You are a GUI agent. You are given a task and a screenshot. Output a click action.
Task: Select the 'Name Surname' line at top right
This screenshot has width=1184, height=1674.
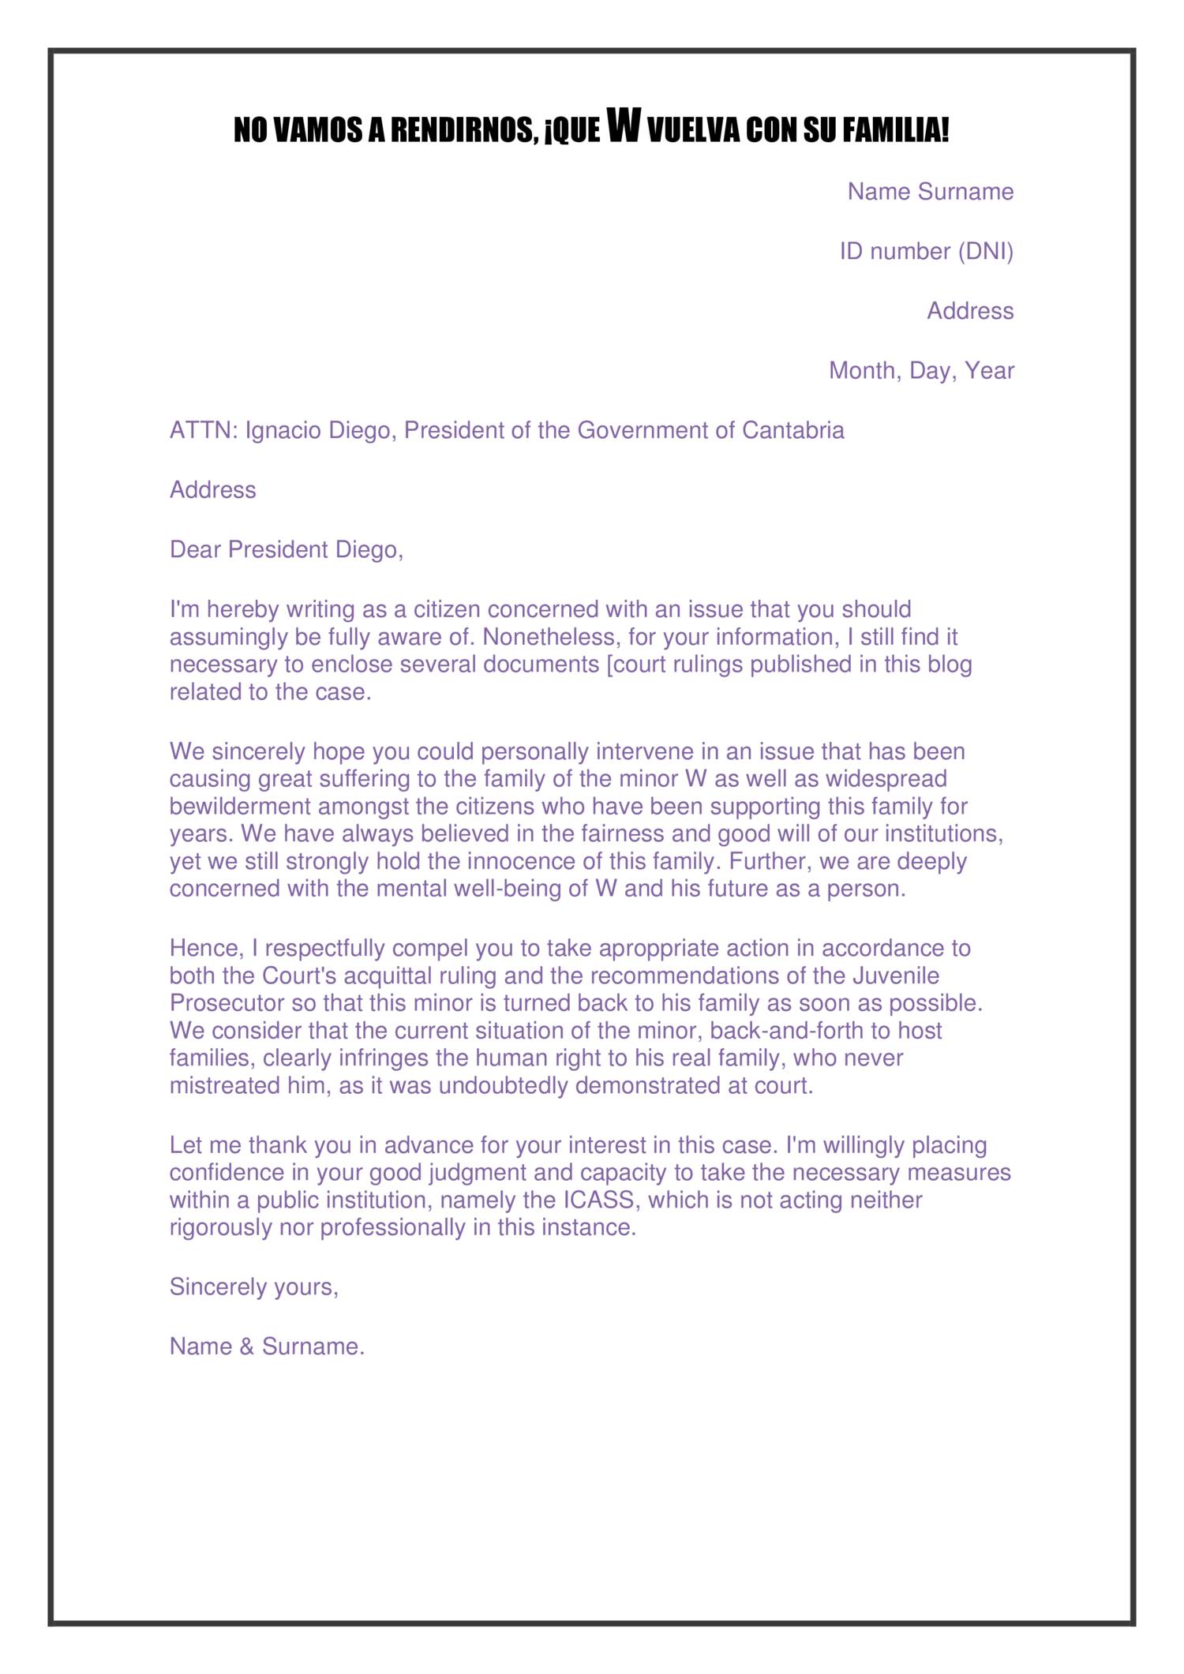tap(930, 192)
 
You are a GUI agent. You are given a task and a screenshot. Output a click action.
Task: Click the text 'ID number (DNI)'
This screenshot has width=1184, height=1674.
tap(926, 252)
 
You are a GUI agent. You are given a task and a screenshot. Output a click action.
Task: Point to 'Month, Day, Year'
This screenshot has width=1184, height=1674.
tap(920, 370)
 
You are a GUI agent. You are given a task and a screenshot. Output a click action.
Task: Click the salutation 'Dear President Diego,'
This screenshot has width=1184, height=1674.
tap(287, 549)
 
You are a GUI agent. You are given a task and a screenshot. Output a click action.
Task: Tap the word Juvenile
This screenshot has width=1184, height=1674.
tap(895, 976)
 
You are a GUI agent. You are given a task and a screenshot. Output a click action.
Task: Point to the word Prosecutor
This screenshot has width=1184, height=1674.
tap(227, 1003)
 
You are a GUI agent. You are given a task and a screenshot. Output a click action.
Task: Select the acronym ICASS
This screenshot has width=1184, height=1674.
tap(598, 1200)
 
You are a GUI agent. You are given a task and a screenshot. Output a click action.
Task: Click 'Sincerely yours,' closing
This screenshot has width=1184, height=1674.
tap(254, 1287)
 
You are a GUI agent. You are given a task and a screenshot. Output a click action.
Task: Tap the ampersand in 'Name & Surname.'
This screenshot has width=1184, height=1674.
tap(246, 1346)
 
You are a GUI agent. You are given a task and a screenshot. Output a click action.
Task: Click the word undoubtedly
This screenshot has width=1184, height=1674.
tap(504, 1086)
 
